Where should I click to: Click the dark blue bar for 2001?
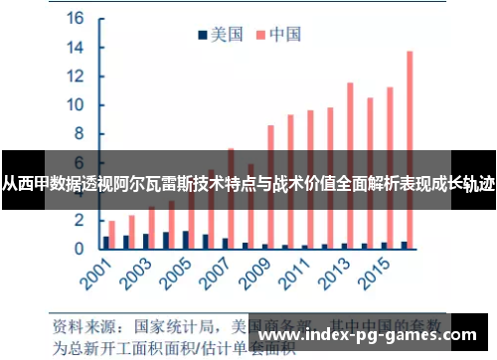105,242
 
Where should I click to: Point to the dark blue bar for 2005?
185,239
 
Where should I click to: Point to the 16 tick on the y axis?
75,18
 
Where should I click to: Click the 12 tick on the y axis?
75,77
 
